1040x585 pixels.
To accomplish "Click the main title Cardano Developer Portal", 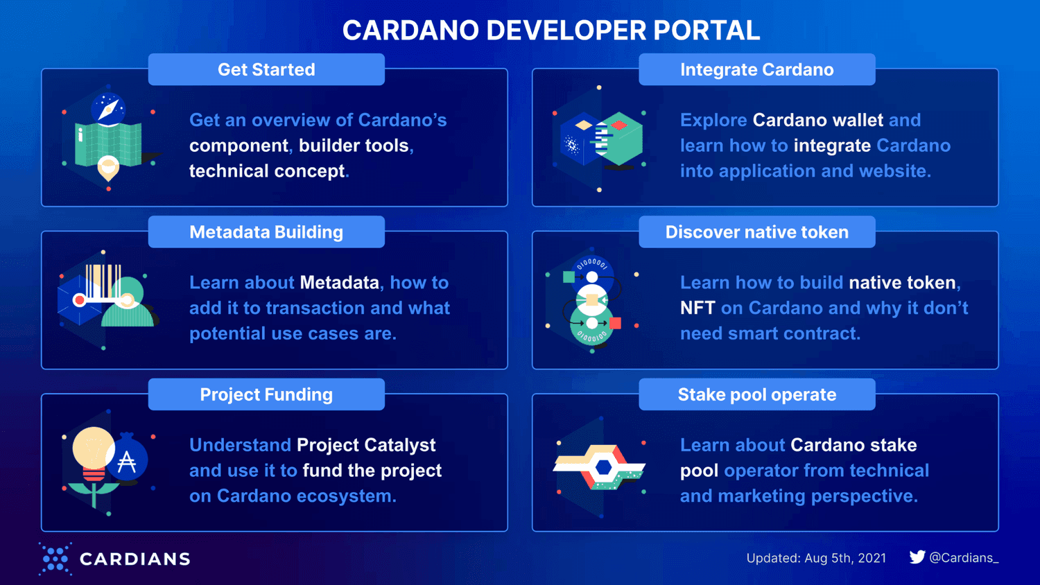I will pos(551,30).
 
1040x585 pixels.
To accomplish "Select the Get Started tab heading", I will pos(266,69).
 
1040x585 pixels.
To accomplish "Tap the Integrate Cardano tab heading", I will pos(756,69).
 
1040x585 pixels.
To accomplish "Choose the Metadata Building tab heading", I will pos(266,232).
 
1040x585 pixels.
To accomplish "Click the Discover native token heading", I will pos(756,232).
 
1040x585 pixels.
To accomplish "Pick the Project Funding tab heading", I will pos(266,394).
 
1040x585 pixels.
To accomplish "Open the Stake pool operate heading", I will pos(756,394).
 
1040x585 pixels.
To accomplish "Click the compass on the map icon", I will pos(108,109).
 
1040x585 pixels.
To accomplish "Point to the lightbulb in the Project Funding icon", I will pos(92,448).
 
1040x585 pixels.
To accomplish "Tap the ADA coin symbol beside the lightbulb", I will pos(128,460).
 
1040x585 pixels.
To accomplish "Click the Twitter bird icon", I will pos(917,557).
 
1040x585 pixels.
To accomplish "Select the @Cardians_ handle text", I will pos(964,558).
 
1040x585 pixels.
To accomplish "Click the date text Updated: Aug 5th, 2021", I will pos(816,558).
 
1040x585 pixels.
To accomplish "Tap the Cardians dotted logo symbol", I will pos(55,559).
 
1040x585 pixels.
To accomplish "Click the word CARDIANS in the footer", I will pos(135,559).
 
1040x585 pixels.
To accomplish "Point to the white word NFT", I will pos(697,308).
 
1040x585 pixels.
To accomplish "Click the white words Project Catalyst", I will pos(366,445).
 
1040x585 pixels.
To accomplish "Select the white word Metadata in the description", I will pos(339,283).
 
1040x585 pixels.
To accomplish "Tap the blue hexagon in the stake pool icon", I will pos(604,468).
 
